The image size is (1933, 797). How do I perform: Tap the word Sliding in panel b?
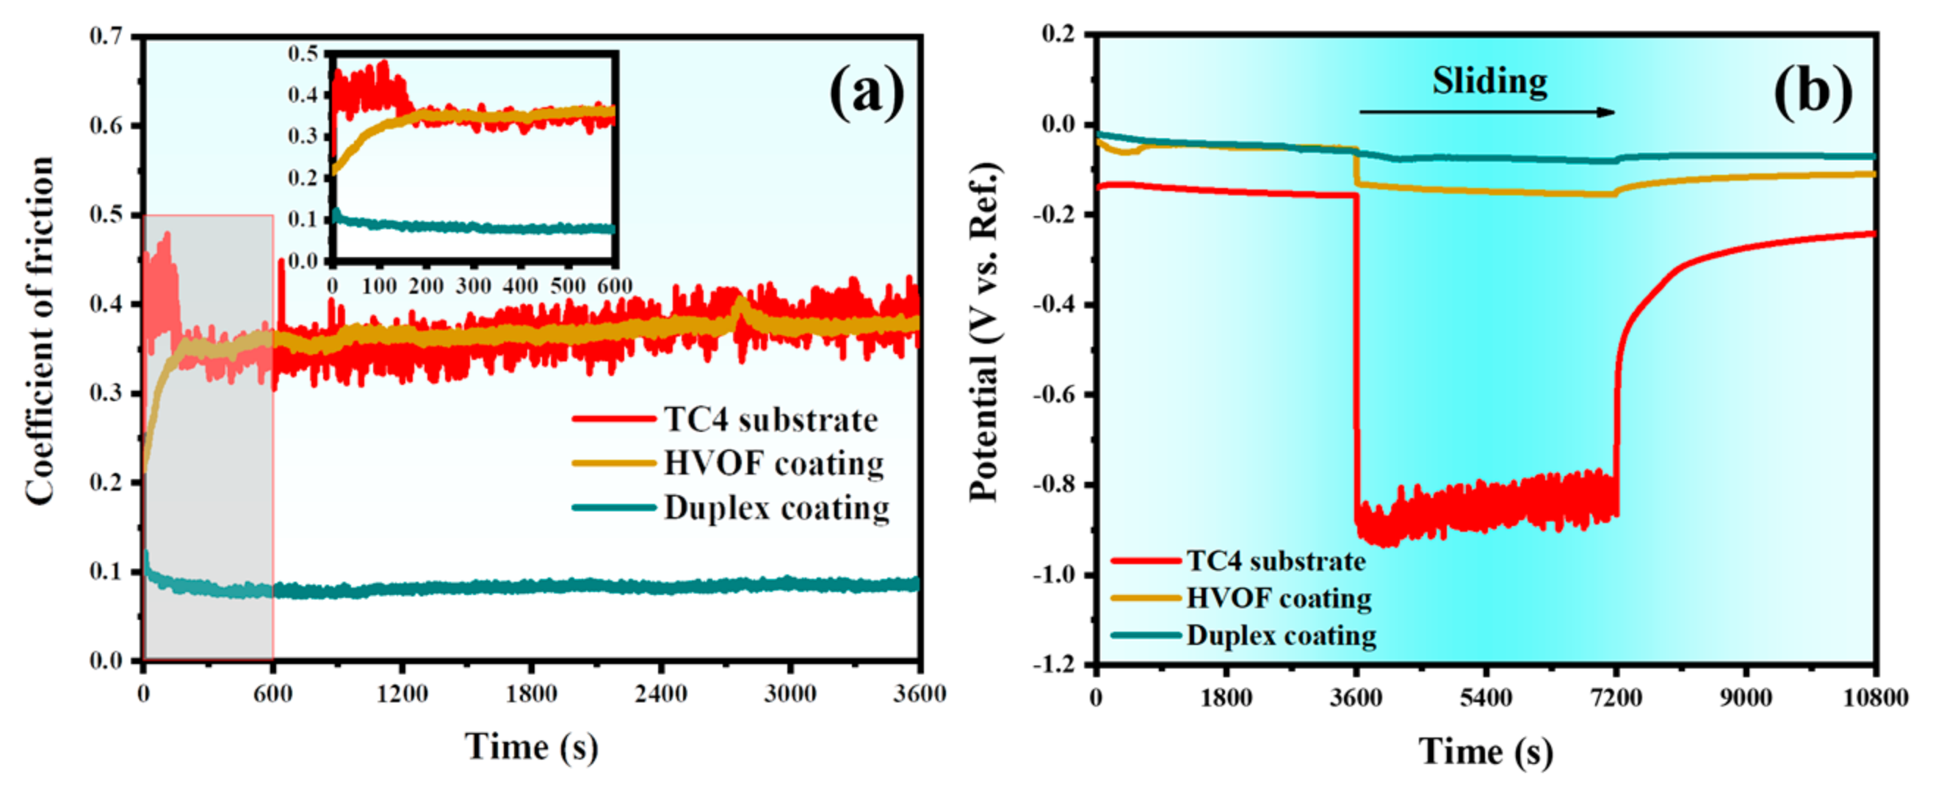click(x=1489, y=81)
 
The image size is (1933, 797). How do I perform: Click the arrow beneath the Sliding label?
click(x=1486, y=112)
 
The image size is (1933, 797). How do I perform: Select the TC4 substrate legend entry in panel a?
click(x=770, y=419)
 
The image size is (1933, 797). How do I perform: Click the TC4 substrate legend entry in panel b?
click(x=1275, y=560)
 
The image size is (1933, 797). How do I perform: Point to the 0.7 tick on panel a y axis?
click(x=106, y=36)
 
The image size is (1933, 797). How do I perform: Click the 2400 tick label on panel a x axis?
click(x=660, y=693)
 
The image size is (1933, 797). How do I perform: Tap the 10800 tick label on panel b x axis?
click(x=1874, y=698)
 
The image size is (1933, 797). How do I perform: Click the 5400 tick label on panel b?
click(x=1485, y=698)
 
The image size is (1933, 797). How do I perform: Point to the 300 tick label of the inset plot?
click(x=473, y=286)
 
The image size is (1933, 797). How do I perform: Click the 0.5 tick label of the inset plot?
click(x=303, y=54)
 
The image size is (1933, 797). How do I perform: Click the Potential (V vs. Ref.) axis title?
click(x=985, y=331)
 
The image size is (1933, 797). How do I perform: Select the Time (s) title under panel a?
click(x=531, y=747)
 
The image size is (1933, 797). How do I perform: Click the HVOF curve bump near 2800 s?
click(x=740, y=306)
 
